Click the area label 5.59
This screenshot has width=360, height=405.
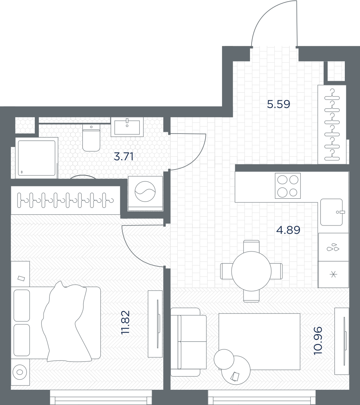(278, 104)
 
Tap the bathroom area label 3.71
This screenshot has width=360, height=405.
(124, 157)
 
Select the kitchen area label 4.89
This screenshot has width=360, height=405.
(288, 229)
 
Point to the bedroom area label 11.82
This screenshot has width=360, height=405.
(126, 322)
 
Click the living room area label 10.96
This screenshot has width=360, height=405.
(318, 341)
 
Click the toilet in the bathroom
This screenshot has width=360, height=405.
(91, 138)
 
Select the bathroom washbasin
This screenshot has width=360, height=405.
(127, 127)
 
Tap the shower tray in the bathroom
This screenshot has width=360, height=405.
(36, 158)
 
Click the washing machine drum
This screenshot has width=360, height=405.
(145, 192)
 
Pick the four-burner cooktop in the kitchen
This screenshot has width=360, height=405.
(288, 186)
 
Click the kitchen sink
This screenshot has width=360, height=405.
(332, 212)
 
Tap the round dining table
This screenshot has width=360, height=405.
(252, 271)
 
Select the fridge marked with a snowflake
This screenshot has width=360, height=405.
(333, 274)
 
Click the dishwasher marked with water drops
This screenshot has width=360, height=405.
(333, 247)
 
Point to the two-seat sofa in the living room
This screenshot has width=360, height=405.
(188, 342)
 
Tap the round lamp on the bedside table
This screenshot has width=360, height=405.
(20, 372)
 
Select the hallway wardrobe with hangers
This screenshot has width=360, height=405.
(332, 124)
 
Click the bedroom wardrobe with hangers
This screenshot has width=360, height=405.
(66, 200)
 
